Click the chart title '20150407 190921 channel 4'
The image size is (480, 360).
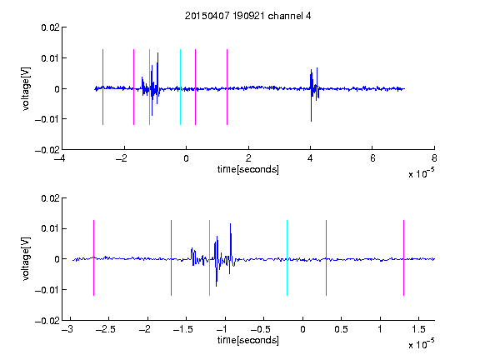pyautogui.click(x=247, y=16)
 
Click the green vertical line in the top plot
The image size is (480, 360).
pyautogui.click(x=149, y=87)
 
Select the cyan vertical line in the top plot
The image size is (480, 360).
pyautogui.click(x=180, y=87)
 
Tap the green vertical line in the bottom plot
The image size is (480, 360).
pyautogui.click(x=209, y=257)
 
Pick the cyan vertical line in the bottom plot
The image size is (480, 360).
pyautogui.click(x=287, y=257)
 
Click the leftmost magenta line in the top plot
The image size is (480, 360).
pyautogui.click(x=102, y=87)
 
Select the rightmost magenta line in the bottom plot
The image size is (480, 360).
pyautogui.click(x=403, y=257)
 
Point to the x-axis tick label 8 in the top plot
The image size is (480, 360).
pyautogui.click(x=434, y=158)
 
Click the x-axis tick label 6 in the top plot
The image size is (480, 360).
pyautogui.click(x=372, y=158)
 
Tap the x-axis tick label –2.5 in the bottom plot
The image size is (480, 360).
pyautogui.click(x=105, y=329)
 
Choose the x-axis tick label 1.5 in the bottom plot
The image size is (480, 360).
pyautogui.click(x=418, y=329)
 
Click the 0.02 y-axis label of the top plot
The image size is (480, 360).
pyautogui.click(x=50, y=27)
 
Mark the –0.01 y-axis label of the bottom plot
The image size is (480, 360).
pyautogui.click(x=47, y=290)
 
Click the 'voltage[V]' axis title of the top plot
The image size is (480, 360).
pyautogui.click(x=26, y=89)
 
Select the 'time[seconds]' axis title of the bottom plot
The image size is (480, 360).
pyautogui.click(x=248, y=340)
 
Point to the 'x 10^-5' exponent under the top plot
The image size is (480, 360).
pyautogui.click(x=421, y=173)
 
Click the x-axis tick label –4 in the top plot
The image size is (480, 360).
pyautogui.click(x=59, y=158)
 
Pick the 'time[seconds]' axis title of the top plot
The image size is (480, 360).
pyautogui.click(x=248, y=169)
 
